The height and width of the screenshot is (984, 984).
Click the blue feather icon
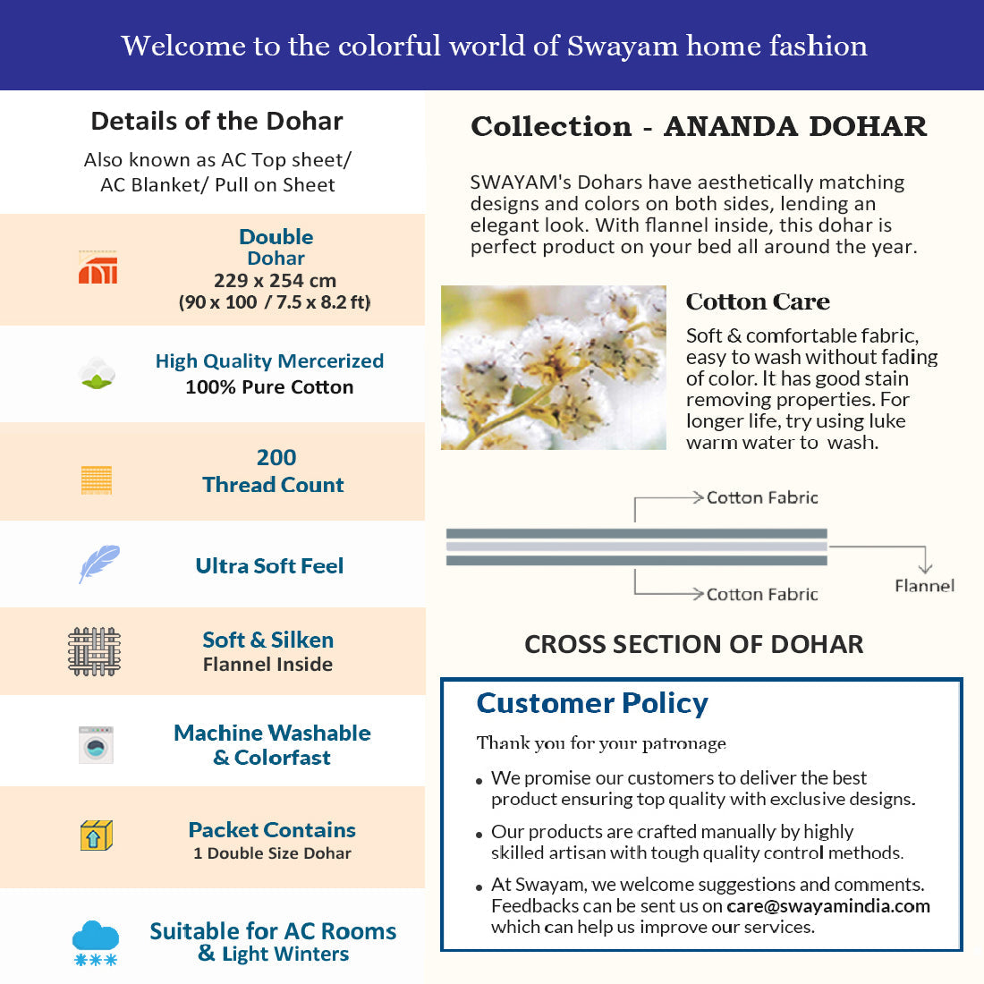tap(98, 564)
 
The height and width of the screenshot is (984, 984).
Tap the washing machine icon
tap(96, 744)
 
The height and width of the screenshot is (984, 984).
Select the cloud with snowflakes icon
tap(96, 943)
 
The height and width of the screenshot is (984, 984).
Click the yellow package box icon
tap(96, 836)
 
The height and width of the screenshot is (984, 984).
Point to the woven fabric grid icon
tap(94, 651)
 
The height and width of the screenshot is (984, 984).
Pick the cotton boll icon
tap(97, 373)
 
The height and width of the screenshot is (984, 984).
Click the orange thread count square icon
tap(97, 479)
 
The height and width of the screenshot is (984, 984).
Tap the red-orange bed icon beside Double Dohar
tap(98, 267)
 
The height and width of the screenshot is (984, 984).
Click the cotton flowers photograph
tap(554, 368)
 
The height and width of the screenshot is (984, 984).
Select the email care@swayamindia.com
tap(828, 906)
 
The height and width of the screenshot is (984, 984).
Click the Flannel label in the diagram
tap(924, 586)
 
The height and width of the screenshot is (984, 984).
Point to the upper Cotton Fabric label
tap(762, 497)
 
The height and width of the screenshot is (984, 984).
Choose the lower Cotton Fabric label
tap(762, 594)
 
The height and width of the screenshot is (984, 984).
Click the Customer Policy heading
tap(592, 703)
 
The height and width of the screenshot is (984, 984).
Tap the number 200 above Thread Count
tap(276, 457)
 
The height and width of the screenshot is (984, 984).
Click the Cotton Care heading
tap(758, 301)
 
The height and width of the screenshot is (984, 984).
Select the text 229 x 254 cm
tap(275, 280)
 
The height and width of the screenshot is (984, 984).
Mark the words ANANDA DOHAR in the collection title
tap(795, 126)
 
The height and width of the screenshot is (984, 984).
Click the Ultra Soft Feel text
tap(269, 565)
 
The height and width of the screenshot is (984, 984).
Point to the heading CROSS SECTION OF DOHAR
tap(694, 644)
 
